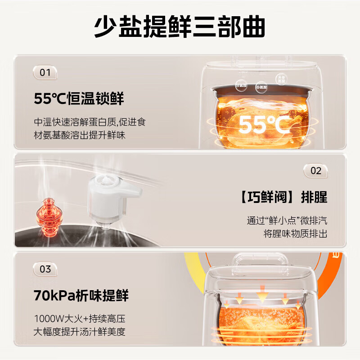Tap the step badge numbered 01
45,72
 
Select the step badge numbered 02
316,171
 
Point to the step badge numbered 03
45,269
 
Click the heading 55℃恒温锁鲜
79,98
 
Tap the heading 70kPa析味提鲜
81,296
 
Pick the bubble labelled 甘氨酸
242,85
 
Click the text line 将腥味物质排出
296,234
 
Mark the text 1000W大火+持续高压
79,319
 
